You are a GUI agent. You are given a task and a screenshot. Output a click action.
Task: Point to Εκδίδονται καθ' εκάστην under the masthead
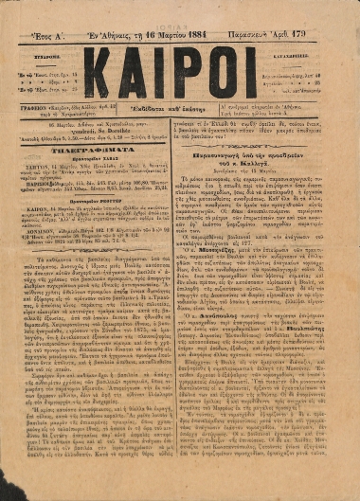point(178,111)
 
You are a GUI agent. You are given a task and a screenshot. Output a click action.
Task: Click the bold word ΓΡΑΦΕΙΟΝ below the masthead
point(39,108)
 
